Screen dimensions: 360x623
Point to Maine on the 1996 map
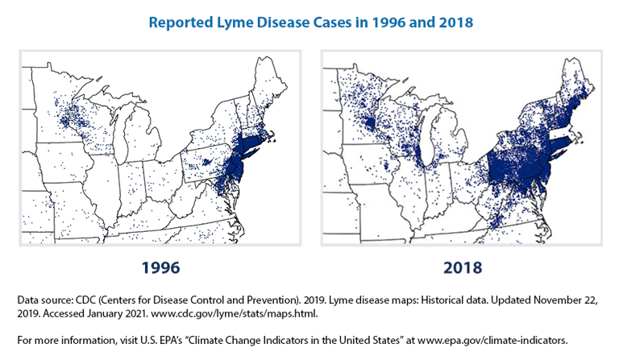coord(269,85)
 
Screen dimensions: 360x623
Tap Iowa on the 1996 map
coord(66,165)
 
